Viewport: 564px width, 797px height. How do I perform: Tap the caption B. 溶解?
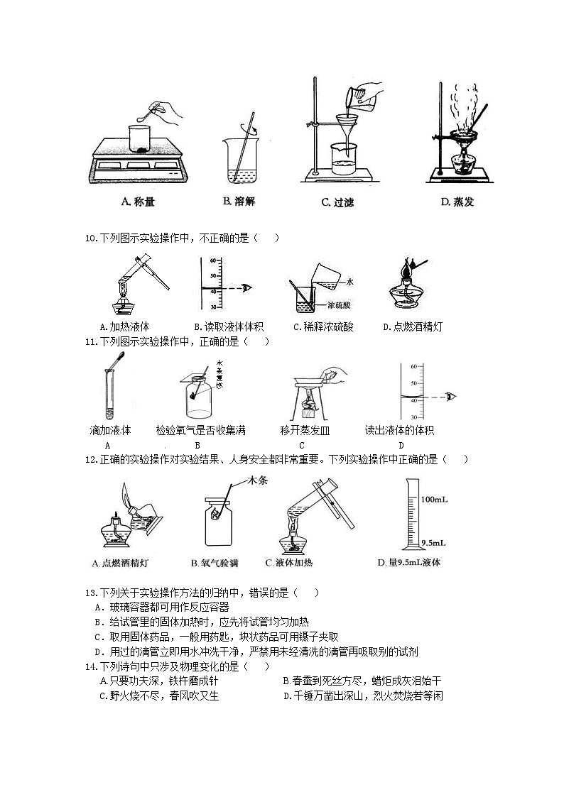tap(239, 202)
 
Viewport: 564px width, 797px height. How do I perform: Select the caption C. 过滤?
tap(338, 202)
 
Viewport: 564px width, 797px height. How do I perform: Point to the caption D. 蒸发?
tap(457, 202)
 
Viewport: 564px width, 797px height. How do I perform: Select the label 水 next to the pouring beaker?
tap(350, 282)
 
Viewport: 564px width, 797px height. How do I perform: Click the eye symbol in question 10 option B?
tap(246, 288)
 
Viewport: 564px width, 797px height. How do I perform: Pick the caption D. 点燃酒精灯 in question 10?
tap(413, 327)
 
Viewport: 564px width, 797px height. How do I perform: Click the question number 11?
tap(90, 342)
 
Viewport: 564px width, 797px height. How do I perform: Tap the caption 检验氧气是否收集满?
tap(201, 430)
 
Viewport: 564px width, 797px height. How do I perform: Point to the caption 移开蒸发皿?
tap(305, 430)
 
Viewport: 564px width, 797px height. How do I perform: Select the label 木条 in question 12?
tap(256, 481)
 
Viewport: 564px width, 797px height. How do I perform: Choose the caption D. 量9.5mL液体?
tap(409, 563)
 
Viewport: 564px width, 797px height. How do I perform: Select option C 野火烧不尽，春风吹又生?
tap(159, 696)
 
